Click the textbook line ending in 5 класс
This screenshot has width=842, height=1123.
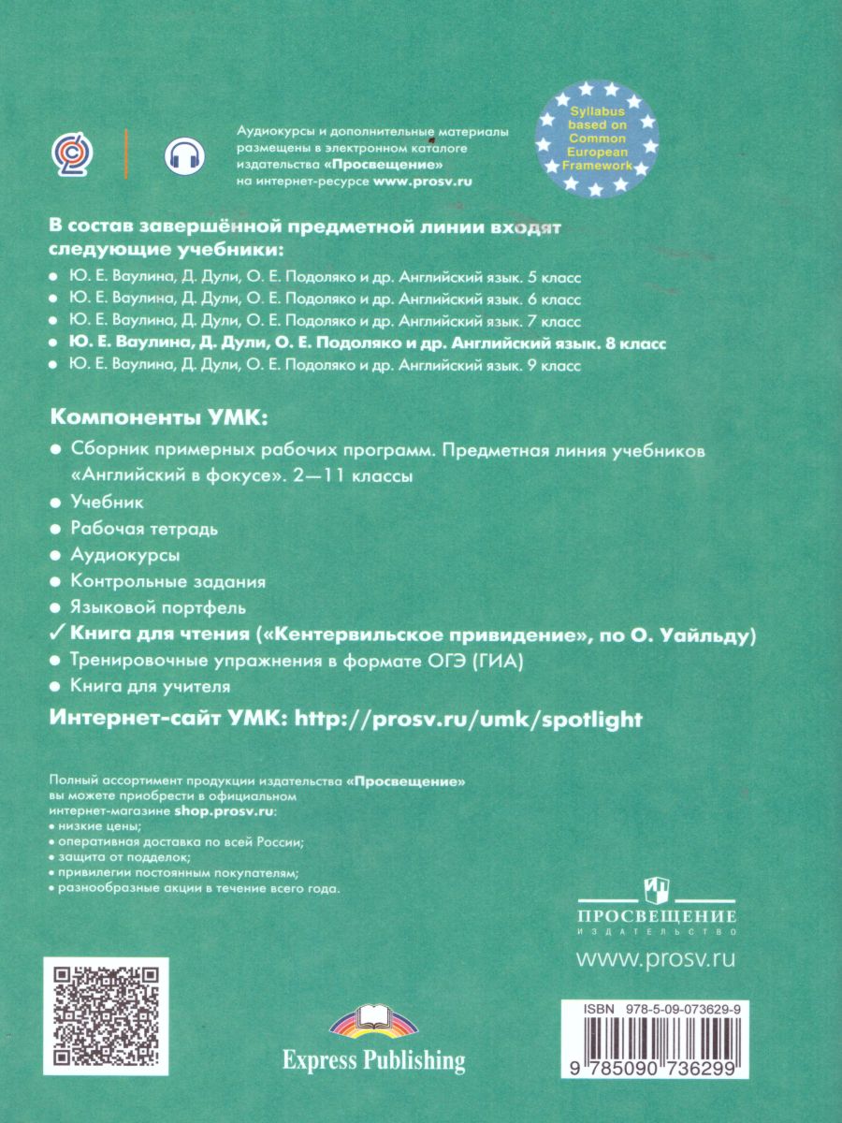(x=326, y=278)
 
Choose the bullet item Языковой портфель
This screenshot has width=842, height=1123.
(x=158, y=607)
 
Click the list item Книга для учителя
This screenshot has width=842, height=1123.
(x=151, y=687)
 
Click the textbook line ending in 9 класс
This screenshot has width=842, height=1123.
(x=326, y=367)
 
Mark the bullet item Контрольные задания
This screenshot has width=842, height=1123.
(x=168, y=581)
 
